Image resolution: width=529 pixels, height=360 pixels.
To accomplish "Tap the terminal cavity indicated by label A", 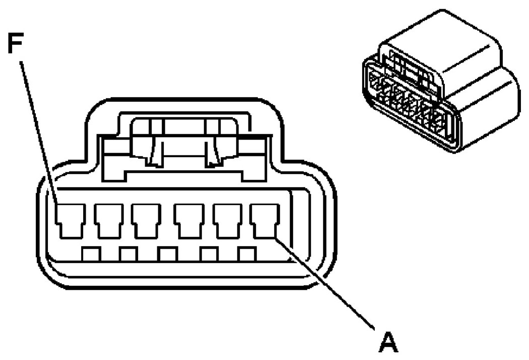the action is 264,219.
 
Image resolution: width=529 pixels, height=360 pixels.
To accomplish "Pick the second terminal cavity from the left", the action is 108,220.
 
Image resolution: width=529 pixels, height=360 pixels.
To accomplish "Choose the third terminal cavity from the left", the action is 146,220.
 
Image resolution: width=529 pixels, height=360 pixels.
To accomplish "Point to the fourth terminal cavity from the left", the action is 188,220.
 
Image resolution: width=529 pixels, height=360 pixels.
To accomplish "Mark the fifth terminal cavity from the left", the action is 227,220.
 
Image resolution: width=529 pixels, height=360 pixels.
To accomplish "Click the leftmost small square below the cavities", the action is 92,254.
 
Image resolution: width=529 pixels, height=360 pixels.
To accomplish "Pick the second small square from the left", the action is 129,254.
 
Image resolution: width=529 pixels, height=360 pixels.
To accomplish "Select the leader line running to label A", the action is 327,285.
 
